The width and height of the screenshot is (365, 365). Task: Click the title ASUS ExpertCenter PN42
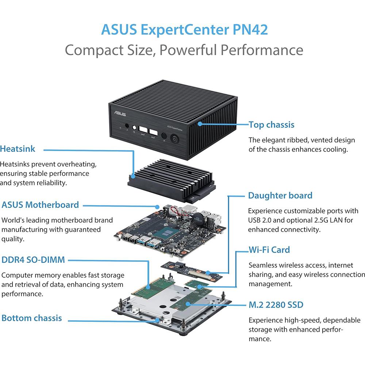(x=184, y=29)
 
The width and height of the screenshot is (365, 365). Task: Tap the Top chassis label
(x=271, y=125)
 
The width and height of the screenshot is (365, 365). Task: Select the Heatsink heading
(x=23, y=149)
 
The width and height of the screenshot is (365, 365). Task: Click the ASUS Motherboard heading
(x=40, y=205)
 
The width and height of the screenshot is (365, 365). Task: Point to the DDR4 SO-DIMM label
(x=33, y=260)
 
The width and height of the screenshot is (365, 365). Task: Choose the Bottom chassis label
(x=32, y=318)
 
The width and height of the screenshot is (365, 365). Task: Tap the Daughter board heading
(x=280, y=195)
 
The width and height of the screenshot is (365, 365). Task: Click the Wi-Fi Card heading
(x=269, y=250)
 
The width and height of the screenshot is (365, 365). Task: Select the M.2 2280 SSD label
(x=276, y=304)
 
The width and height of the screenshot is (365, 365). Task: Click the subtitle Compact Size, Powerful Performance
(x=184, y=50)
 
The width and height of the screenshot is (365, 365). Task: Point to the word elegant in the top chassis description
(x=274, y=140)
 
